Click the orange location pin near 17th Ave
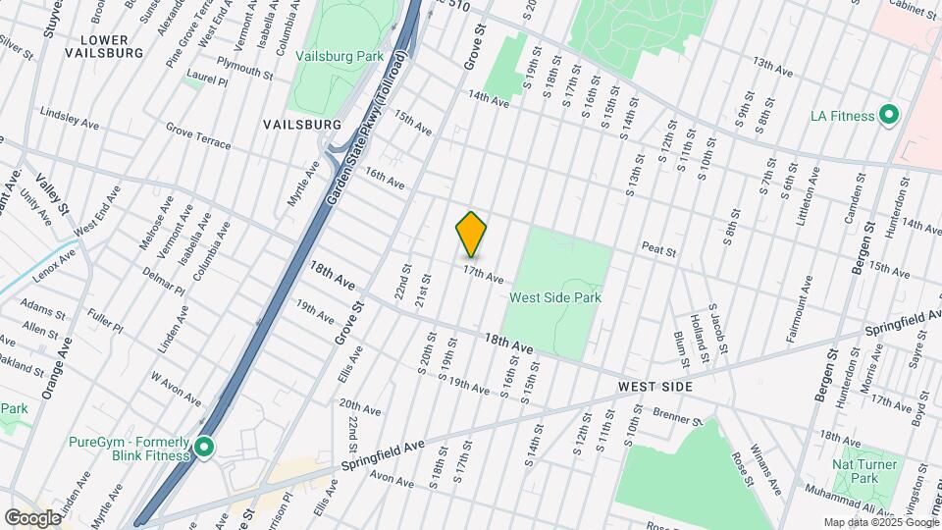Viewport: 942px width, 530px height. [471, 235]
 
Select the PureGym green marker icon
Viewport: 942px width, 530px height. [204, 449]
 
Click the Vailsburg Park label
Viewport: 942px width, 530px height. [339, 57]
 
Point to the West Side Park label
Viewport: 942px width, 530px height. [554, 296]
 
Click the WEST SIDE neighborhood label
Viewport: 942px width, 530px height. [655, 388]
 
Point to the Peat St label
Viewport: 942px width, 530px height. [659, 252]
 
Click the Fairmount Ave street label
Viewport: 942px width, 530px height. [798, 308]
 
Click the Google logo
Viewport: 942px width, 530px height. [32, 517]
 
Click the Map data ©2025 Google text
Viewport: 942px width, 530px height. [879, 522]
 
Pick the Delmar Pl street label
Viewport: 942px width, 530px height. [163, 282]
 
